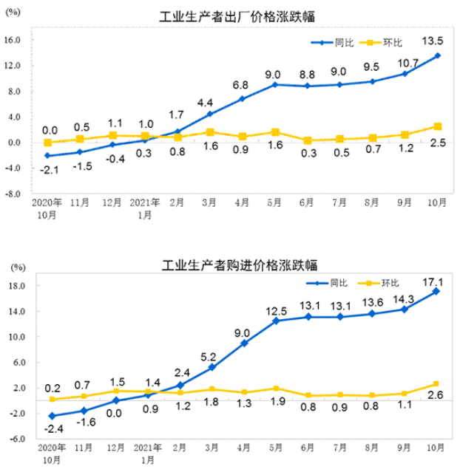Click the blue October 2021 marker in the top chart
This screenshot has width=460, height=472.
pos(438,55)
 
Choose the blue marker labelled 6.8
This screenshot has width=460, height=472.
pos(241,98)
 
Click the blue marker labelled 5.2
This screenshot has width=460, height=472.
pos(212,367)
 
